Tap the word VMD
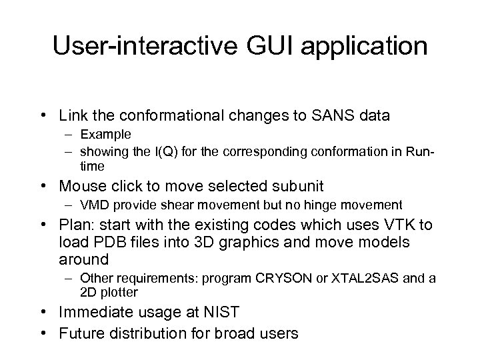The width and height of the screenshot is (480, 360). pyautogui.click(x=92, y=205)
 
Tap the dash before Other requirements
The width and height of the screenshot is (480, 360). pyautogui.click(x=69, y=278)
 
